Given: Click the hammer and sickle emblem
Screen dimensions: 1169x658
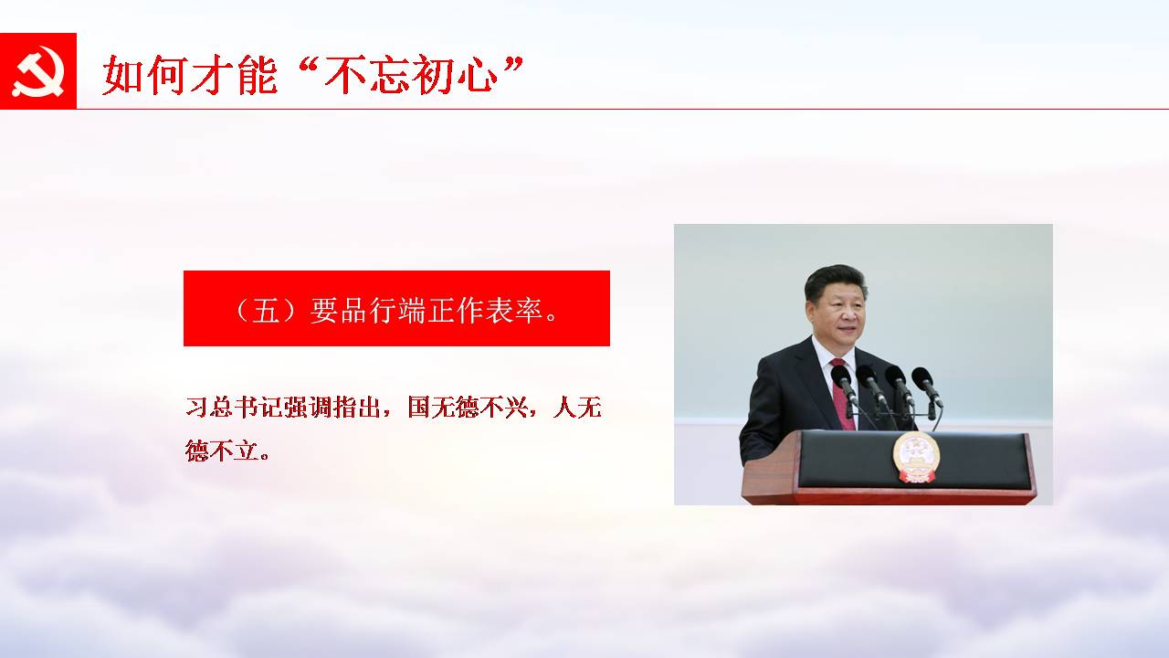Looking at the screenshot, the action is pos(38,71).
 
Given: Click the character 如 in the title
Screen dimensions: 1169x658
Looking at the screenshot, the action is pos(122,75).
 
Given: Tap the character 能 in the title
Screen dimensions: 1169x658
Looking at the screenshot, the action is pos(258,75).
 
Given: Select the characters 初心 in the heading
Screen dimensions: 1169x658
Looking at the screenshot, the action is pos(454,75).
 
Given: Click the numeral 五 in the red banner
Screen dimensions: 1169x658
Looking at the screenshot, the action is pos(266,310).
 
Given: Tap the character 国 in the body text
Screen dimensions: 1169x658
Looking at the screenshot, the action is pos(418,408).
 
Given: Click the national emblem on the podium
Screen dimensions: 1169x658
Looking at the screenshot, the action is pos(916,458).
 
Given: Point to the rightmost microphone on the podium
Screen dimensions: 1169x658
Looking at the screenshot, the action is pos(927,387).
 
